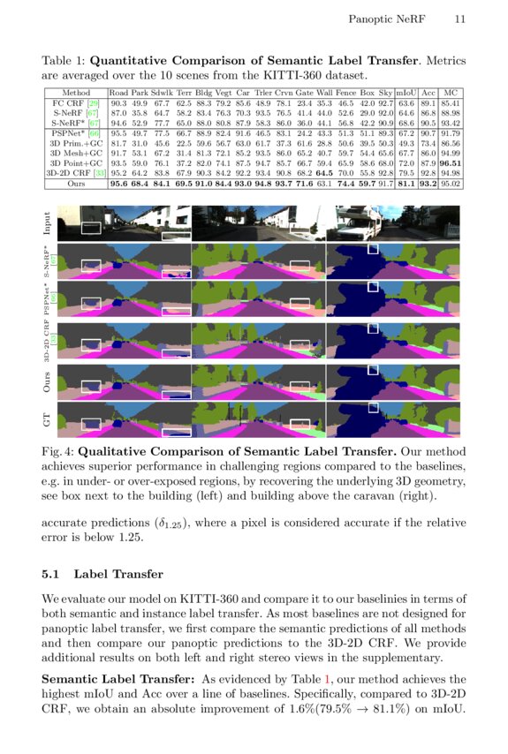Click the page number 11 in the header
460,19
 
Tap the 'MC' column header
451,92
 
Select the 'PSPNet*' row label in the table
67,132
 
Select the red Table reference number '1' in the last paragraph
328,679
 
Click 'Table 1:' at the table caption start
64,63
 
